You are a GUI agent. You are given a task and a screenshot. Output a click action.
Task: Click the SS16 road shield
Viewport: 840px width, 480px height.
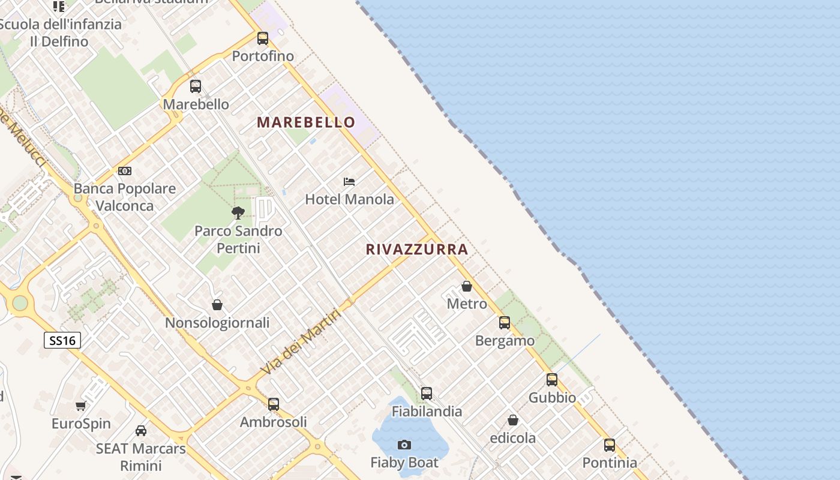pos(62,341)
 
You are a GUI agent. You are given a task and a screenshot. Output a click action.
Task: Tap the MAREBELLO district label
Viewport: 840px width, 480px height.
pos(306,122)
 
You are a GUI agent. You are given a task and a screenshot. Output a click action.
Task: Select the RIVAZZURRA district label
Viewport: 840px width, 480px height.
pos(417,250)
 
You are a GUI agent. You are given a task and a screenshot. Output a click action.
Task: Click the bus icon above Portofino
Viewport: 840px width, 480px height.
pos(263,38)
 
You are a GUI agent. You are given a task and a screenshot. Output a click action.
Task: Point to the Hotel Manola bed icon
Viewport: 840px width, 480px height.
pos(349,181)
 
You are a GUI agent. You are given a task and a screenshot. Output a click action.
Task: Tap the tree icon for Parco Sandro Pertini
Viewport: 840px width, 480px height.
pos(238,212)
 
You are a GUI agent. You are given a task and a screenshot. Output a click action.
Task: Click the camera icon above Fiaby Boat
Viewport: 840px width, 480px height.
pos(404,445)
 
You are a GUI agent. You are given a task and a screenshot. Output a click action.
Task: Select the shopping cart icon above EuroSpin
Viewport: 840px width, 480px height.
pos(81,406)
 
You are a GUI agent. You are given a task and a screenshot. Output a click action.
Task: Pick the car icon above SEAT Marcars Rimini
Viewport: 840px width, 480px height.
pos(141,430)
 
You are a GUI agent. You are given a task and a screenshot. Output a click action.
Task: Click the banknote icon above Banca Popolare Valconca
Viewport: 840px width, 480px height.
pos(125,171)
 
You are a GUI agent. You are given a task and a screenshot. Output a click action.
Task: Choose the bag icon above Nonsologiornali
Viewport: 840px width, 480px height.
pos(217,305)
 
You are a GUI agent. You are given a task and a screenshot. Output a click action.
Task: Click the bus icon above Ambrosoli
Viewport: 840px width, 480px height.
pos(274,404)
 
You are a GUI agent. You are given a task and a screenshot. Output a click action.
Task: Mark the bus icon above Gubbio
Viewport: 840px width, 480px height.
pos(552,379)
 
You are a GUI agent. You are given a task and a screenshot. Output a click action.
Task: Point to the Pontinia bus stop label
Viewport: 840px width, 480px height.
pos(610,463)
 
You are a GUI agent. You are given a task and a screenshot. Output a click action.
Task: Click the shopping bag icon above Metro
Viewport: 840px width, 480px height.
pos(467,286)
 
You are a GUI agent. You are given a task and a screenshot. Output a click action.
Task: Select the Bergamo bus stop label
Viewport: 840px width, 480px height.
pos(505,341)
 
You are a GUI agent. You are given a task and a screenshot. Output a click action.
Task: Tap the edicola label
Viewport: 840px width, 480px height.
pos(513,438)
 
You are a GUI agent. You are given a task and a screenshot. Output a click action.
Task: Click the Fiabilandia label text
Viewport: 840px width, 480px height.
pos(427,412)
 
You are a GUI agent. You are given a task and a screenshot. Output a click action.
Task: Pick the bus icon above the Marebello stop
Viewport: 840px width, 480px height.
pos(196,86)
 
